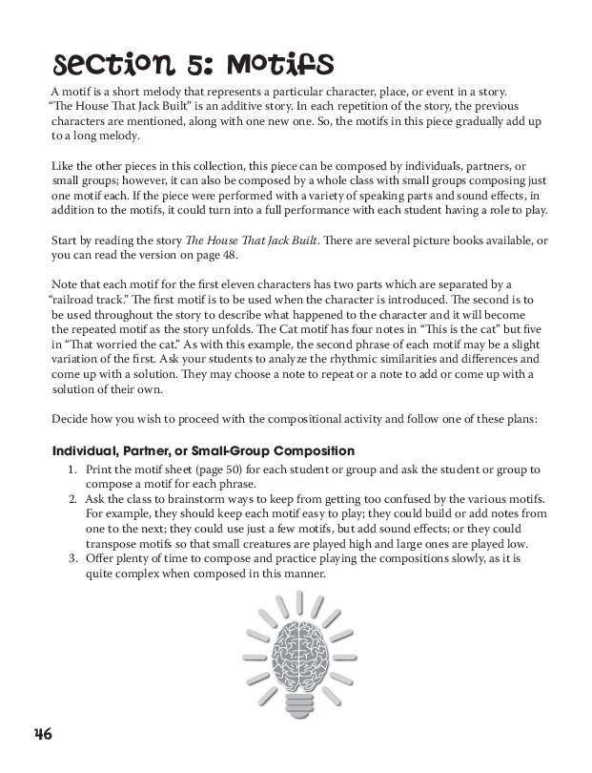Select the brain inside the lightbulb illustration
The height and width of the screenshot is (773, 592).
tap(300, 648)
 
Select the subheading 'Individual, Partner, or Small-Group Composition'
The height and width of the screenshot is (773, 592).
tap(203, 450)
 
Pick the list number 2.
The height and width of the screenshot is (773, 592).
tap(73, 500)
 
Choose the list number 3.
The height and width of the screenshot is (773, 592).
tap(73, 559)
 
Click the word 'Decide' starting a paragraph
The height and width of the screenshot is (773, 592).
tap(71, 418)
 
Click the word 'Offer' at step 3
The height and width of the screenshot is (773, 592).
tap(100, 559)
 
